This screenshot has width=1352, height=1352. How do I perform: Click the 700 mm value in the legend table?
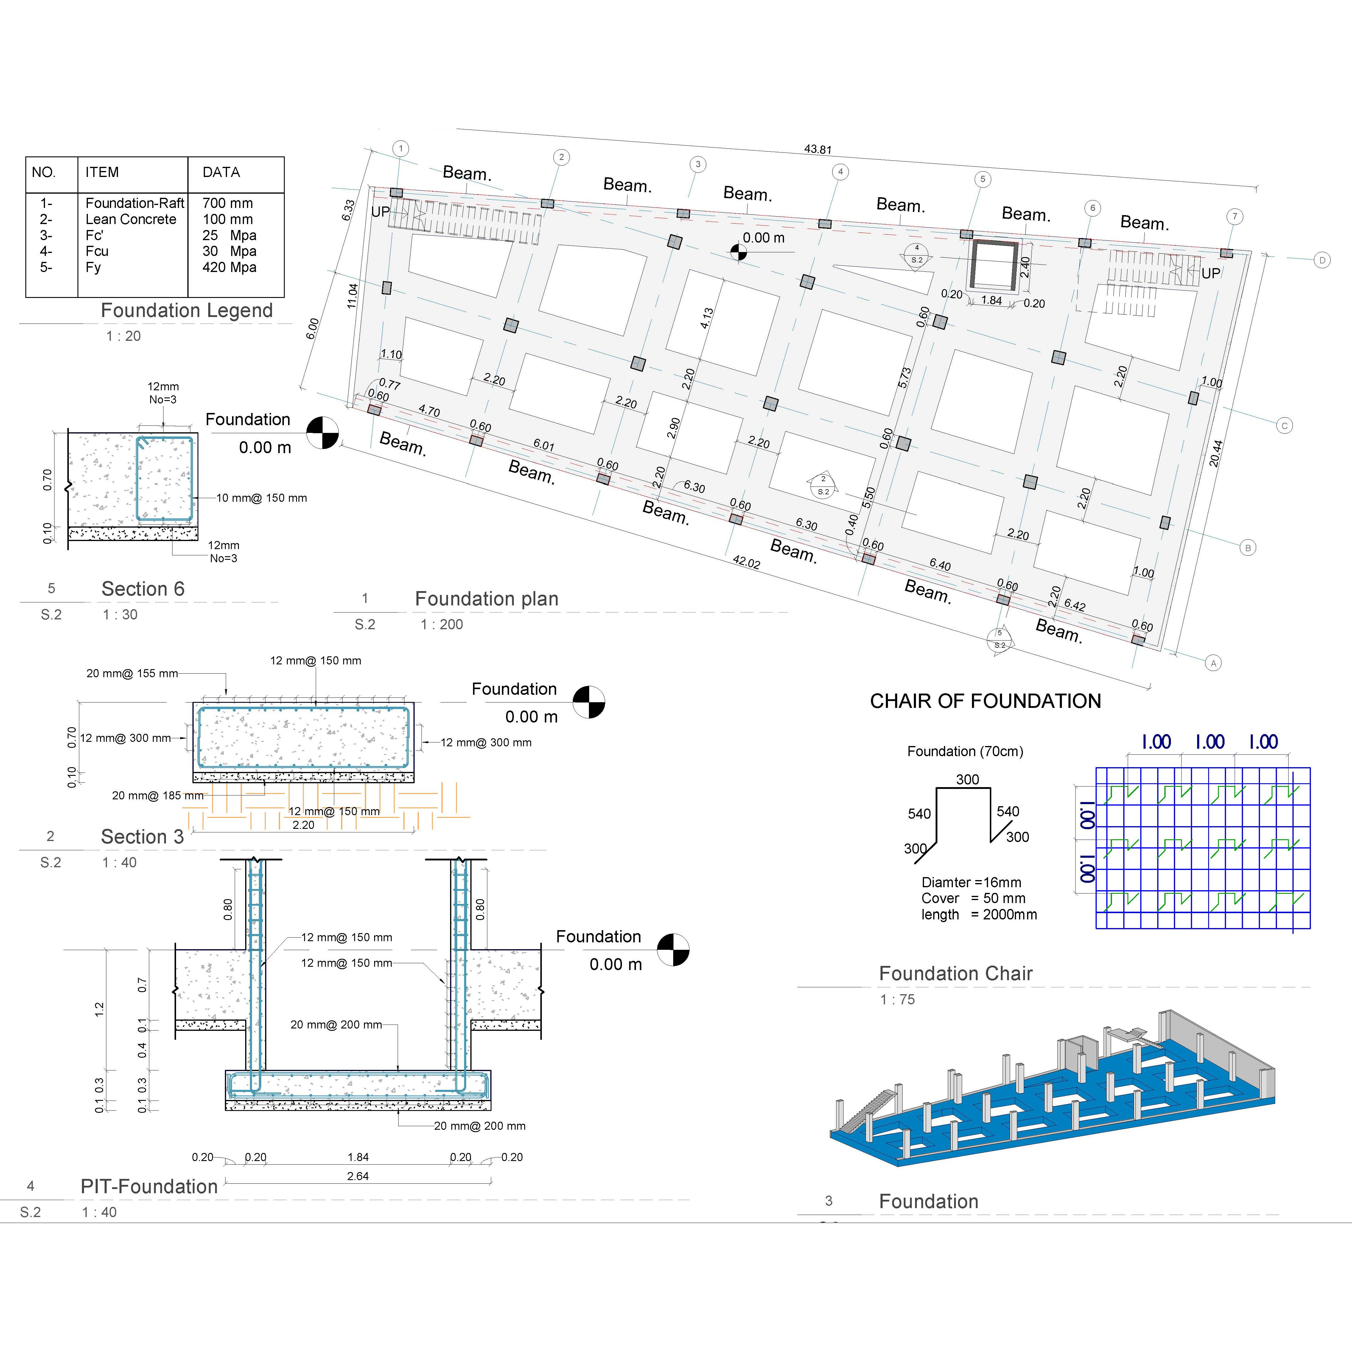pos(228,203)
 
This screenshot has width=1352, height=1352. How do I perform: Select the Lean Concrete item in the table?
pos(131,219)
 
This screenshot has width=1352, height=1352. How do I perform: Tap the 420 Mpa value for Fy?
pos(229,267)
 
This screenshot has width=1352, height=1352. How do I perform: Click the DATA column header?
pos(221,172)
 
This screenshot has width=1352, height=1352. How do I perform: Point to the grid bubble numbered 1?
pos(400,148)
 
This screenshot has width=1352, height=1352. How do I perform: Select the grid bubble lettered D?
pos(1322,260)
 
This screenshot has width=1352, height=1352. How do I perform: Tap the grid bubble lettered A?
pos(1213,663)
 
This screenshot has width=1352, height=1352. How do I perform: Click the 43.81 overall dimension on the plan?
pos(817,149)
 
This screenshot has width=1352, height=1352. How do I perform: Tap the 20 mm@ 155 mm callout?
pos(132,673)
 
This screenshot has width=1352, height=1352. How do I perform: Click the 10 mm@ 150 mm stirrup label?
pos(261,498)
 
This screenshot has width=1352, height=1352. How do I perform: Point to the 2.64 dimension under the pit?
pos(358,1176)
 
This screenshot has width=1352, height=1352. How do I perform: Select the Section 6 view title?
pos(143,589)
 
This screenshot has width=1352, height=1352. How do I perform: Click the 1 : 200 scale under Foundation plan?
pos(441,624)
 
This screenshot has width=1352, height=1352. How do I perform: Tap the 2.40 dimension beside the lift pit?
pos(1025,267)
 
